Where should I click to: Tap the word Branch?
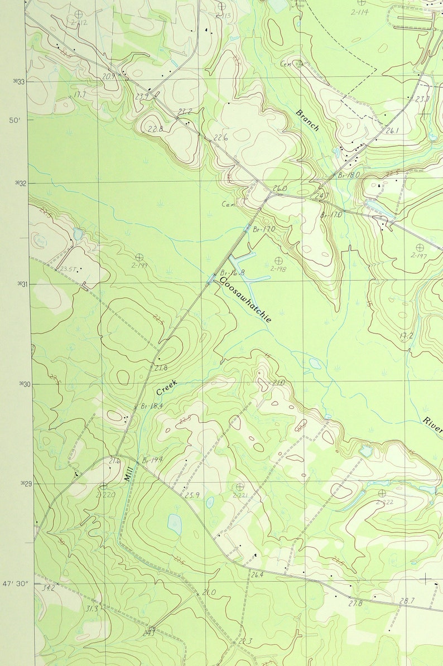pyautogui.click(x=307, y=120)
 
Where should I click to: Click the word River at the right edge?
pyautogui.click(x=431, y=425)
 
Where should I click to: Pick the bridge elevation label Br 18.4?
pyautogui.click(x=151, y=406)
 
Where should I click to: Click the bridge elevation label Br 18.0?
pyautogui.click(x=349, y=175)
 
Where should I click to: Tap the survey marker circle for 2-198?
pyautogui.click(x=278, y=260)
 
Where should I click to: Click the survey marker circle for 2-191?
pyautogui.click(x=139, y=257)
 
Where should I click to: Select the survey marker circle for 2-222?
pyautogui.click(x=382, y=493)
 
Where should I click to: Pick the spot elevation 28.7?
pyautogui.click(x=407, y=601)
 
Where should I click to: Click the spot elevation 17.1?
pyautogui.click(x=79, y=95)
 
